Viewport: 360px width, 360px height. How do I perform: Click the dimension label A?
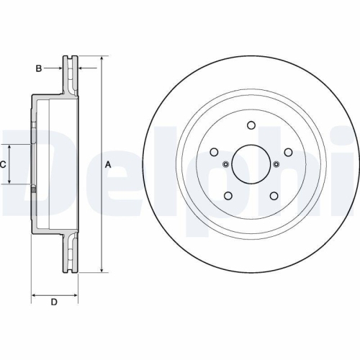[109, 164]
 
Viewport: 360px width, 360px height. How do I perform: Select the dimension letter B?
[39, 68]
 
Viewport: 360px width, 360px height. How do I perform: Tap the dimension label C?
[3, 164]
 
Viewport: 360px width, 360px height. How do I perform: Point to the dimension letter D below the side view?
[53, 302]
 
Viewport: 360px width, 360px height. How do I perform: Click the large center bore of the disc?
[251, 164]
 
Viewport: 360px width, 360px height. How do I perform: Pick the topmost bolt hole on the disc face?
[251, 125]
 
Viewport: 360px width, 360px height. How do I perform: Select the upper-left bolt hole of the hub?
[214, 152]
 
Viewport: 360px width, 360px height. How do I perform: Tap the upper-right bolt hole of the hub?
[288, 152]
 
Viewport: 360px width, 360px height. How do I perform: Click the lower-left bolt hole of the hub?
[228, 195]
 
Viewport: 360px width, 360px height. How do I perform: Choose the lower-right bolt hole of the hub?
[274, 195]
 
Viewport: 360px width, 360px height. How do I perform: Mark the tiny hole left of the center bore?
[225, 164]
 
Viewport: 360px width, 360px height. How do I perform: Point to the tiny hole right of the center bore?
[276, 164]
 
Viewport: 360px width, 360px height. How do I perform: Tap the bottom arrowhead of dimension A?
[101, 271]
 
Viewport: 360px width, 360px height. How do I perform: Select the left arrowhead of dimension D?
[34, 295]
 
